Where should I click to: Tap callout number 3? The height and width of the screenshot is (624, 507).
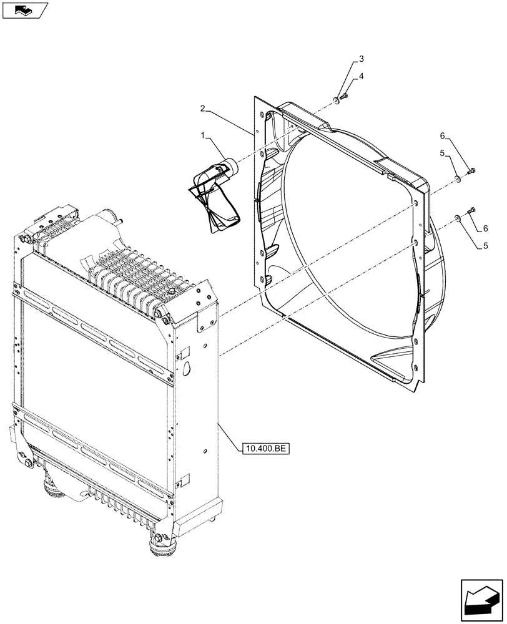click(360, 60)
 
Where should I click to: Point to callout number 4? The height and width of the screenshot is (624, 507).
click(360, 76)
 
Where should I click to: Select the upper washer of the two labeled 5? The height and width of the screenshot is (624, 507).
click(457, 180)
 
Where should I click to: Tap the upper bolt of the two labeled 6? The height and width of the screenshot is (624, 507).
click(472, 169)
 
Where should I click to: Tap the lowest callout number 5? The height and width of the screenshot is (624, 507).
click(485, 246)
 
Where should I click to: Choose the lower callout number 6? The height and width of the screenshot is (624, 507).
click(485, 228)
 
